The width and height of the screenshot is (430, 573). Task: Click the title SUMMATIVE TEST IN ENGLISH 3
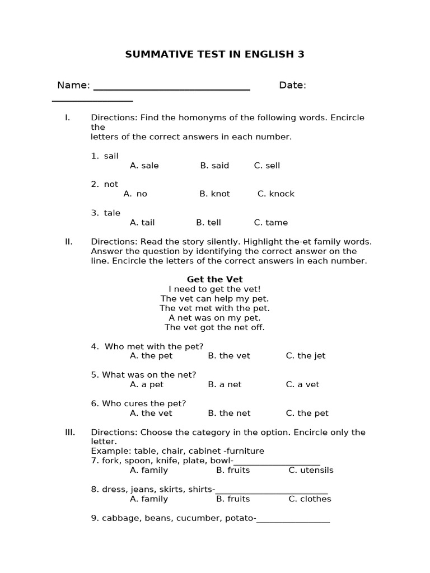click(214, 54)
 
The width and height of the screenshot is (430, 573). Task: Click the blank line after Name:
click(171, 88)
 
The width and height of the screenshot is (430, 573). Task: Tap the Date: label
click(292, 85)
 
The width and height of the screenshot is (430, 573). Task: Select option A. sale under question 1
click(144, 166)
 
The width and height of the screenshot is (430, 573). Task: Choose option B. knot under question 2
click(214, 194)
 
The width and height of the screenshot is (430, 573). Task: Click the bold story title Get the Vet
click(214, 279)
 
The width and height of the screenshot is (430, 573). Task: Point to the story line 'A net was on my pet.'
click(214, 318)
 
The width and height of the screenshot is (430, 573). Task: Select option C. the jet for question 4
click(305, 356)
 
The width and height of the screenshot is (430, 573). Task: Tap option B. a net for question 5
click(225, 384)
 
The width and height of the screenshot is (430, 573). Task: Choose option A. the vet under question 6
click(151, 414)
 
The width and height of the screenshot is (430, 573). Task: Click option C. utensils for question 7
click(311, 471)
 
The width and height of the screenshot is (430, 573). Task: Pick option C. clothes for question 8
click(310, 499)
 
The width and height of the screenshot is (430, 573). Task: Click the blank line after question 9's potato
click(293, 521)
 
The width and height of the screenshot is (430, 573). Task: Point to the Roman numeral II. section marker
click(69, 242)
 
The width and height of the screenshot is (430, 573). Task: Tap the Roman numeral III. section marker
click(70, 433)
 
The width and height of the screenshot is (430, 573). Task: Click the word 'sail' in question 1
click(111, 156)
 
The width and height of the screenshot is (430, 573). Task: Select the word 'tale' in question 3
click(112, 213)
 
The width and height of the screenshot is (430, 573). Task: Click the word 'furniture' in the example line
click(244, 452)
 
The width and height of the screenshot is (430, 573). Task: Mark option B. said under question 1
click(214, 166)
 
